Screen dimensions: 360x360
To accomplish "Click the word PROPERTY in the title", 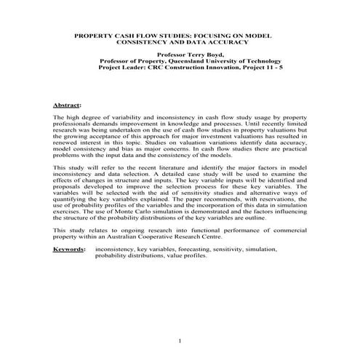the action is (96, 34).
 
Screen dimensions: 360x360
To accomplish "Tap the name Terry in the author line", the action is (191, 55).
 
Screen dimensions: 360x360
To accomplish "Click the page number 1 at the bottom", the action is (180, 340).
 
